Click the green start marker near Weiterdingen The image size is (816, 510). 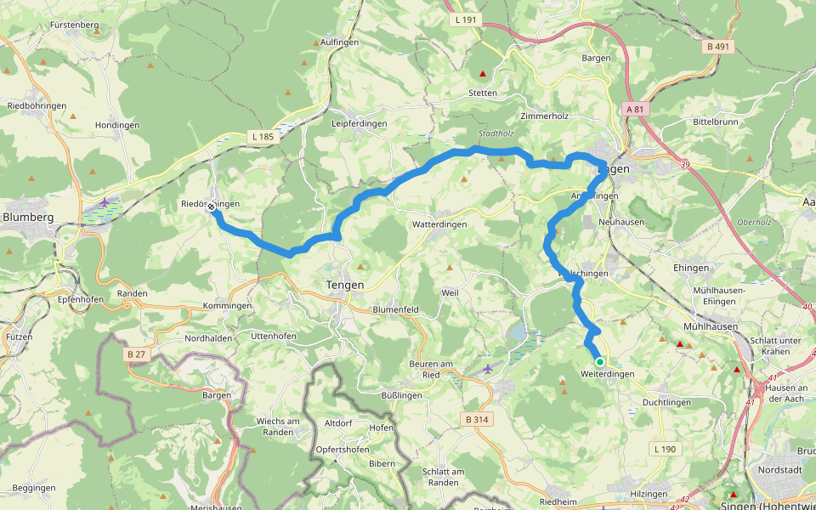pyautogui.click(x=599, y=361)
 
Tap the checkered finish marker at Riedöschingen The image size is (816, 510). pyautogui.click(x=211, y=206)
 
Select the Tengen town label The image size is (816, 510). pyautogui.click(x=345, y=285)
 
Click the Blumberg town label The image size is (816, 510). pyautogui.click(x=28, y=217)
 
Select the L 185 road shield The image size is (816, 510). pyautogui.click(x=262, y=136)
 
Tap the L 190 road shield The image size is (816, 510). pyautogui.click(x=667, y=448)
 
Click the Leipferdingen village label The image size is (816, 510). pyautogui.click(x=359, y=123)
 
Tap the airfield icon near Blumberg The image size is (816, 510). pyautogui.click(x=104, y=202)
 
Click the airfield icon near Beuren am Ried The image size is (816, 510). pyautogui.click(x=487, y=368)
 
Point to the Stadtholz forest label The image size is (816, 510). pyautogui.click(x=496, y=133)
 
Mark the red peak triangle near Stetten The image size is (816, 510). pyautogui.click(x=483, y=74)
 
